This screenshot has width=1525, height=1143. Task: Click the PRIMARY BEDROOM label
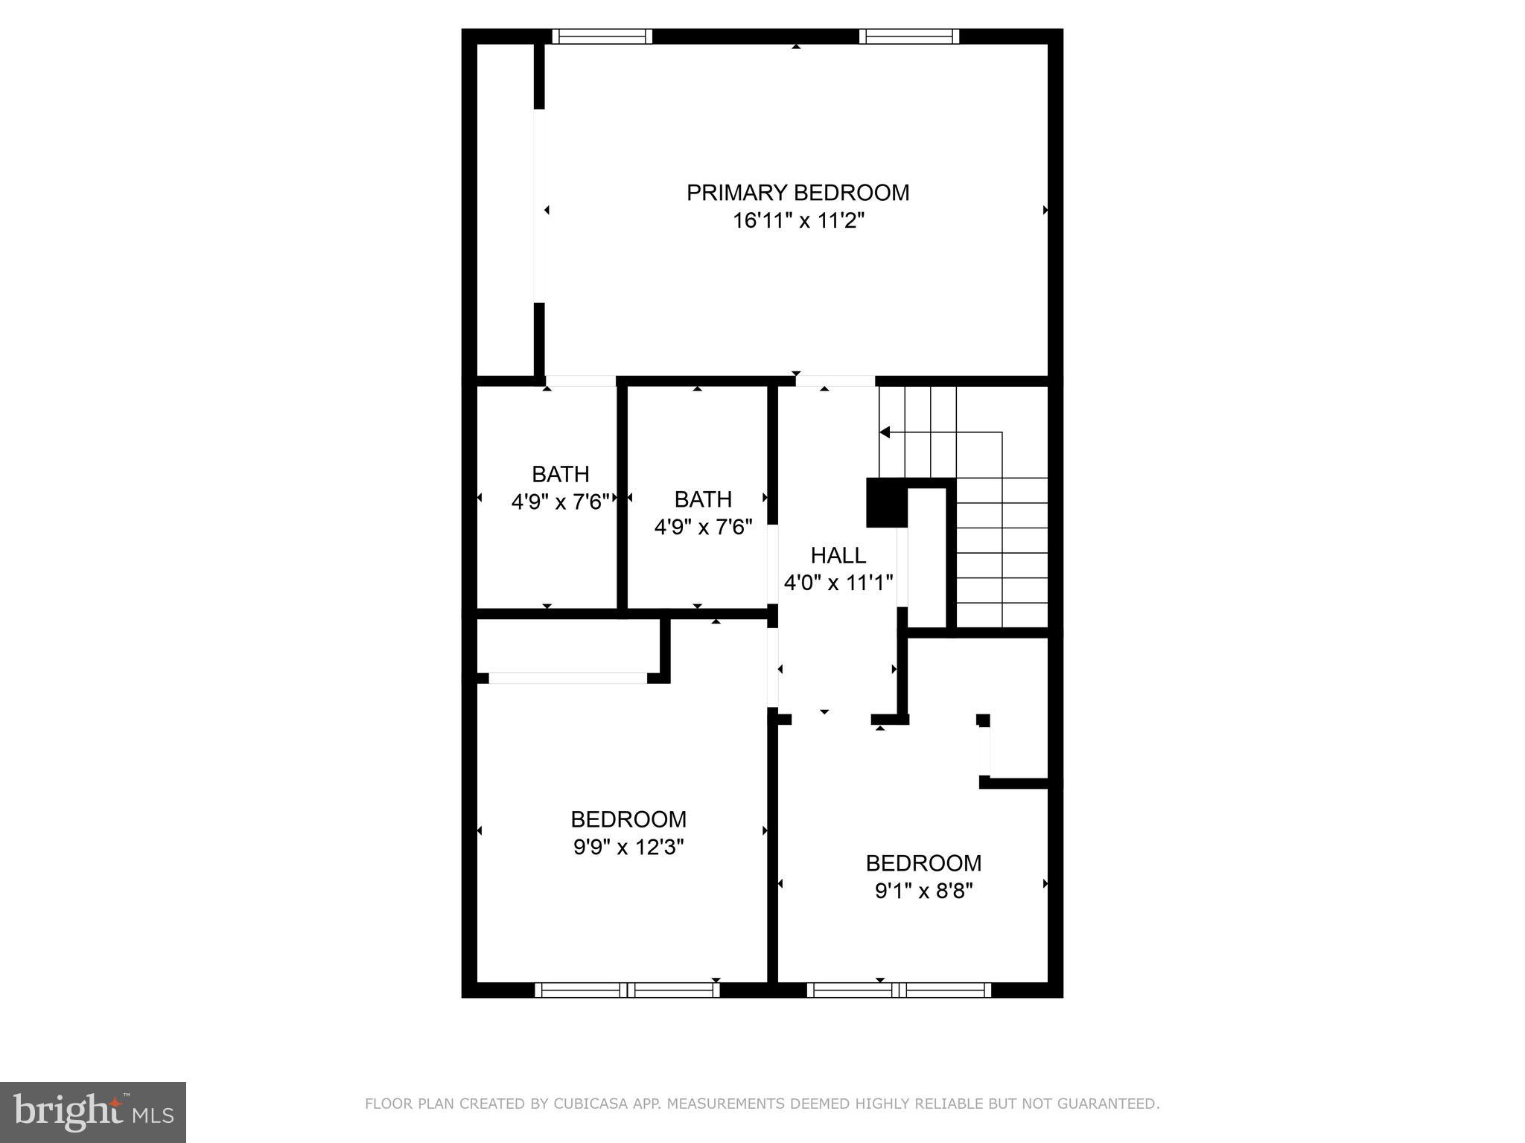point(797,193)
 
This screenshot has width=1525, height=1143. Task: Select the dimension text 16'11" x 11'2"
point(797,221)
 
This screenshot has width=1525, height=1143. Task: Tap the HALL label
point(838,555)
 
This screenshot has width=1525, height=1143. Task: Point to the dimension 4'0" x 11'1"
point(838,582)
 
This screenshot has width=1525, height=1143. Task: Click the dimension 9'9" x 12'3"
point(628,847)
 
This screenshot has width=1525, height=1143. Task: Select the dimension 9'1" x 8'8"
point(923,891)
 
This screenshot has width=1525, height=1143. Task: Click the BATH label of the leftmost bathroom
point(560,474)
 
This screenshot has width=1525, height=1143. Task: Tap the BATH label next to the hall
point(702,499)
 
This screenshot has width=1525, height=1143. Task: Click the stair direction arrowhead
point(885,432)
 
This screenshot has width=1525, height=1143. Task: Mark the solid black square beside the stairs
point(886,503)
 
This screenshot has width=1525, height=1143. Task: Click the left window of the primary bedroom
point(602,36)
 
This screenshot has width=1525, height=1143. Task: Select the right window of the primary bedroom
point(908,36)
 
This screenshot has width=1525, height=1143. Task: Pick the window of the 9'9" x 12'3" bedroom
point(627,990)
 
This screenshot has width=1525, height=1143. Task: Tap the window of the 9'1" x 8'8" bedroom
point(899,990)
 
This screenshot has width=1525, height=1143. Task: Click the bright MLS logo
point(92,1112)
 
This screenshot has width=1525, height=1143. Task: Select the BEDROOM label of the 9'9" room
point(628,819)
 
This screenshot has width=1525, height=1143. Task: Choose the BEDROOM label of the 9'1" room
point(923,863)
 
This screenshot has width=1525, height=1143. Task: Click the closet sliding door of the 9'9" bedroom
point(567,678)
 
